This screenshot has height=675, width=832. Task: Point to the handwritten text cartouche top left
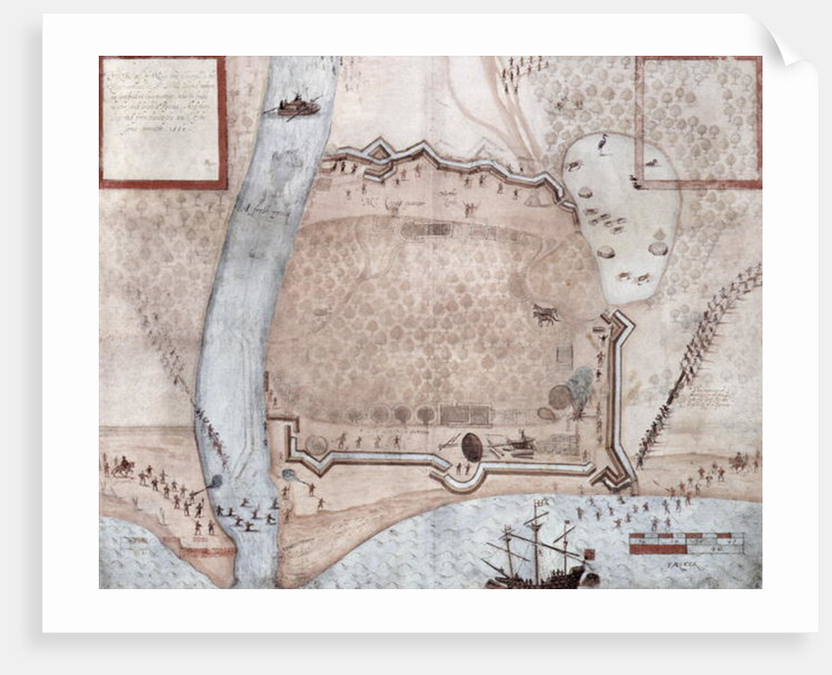tap(162, 121)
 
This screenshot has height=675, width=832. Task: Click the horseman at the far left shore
tap(123, 467)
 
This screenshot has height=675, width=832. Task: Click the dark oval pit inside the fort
tap(472, 446)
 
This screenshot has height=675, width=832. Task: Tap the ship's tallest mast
tap(535, 543)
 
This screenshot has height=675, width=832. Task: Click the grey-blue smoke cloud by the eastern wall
tap(579, 385)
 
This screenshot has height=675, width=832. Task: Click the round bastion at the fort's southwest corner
tap(317, 445)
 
